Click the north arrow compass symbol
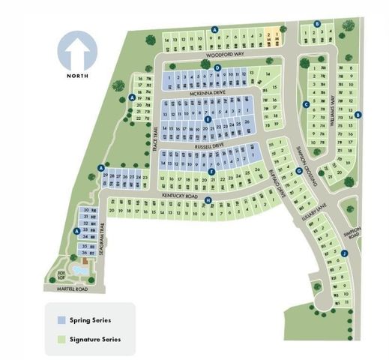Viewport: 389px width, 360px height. [x=78, y=50]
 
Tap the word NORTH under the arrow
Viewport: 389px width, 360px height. [x=78, y=76]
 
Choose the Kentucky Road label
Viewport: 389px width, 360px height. [x=178, y=195]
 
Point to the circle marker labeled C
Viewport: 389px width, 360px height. [x=306, y=104]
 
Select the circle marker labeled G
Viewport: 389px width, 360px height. [x=298, y=170]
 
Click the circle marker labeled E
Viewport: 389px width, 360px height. [x=208, y=119]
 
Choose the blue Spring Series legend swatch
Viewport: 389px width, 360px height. [x=61, y=319]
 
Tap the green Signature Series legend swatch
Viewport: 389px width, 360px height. [x=61, y=338]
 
